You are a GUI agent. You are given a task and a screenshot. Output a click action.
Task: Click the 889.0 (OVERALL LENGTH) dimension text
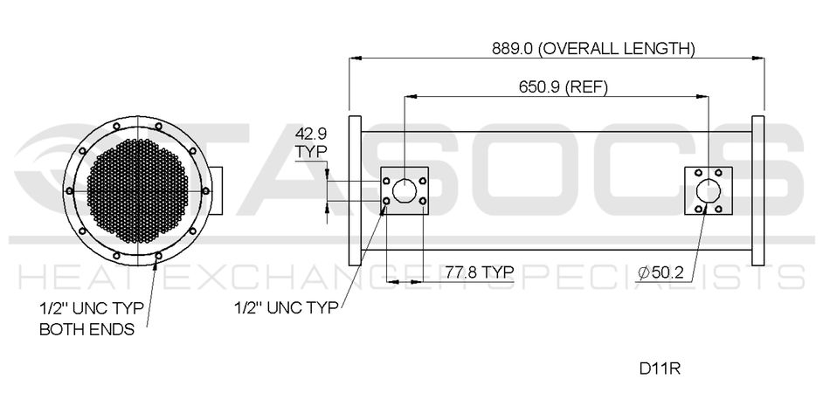[x=593, y=48]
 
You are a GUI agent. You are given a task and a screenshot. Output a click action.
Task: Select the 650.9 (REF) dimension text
[x=564, y=86]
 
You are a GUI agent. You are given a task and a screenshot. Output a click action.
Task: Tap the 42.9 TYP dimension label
[x=310, y=141]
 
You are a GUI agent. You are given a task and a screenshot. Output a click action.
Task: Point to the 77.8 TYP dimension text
[x=479, y=272]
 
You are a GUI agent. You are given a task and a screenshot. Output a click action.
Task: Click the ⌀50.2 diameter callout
[x=660, y=273]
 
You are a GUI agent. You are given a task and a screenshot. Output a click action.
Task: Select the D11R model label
[x=660, y=368]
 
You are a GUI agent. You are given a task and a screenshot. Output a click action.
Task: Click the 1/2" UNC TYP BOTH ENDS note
[x=92, y=318]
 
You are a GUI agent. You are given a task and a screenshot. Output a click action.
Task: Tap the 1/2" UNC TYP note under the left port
[x=286, y=307]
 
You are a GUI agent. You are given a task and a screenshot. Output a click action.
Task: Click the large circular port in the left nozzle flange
[x=405, y=190]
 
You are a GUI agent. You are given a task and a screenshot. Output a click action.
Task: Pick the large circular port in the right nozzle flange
[x=709, y=190]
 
